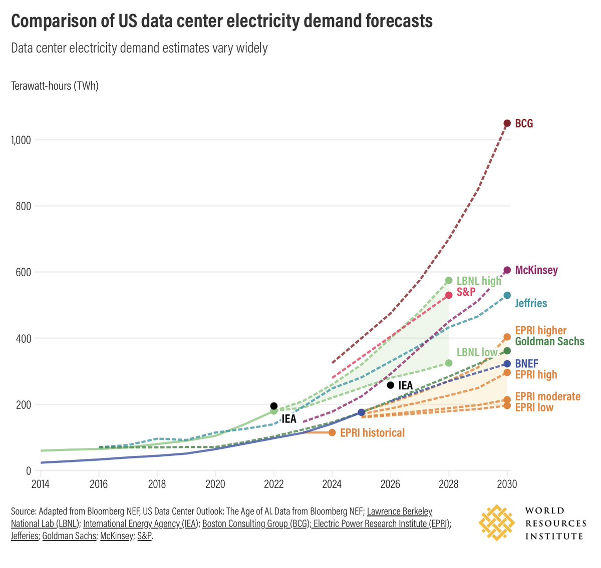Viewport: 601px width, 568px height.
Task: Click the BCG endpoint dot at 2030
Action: [x=507, y=123]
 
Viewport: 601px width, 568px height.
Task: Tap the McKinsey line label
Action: [x=536, y=270]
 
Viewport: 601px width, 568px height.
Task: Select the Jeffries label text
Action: [x=531, y=303]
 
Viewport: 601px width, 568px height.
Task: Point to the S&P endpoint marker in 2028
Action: [x=449, y=295]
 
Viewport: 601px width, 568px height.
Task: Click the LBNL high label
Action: [x=479, y=281]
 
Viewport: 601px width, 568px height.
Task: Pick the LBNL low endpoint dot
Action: [x=449, y=363]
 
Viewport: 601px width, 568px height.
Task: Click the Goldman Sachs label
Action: [x=549, y=341]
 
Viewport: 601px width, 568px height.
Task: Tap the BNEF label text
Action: [x=526, y=364]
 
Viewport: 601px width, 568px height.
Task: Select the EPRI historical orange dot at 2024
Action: [x=332, y=432]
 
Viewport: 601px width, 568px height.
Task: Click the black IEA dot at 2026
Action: [x=391, y=385]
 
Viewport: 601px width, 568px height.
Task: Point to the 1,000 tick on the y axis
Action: [x=21, y=140]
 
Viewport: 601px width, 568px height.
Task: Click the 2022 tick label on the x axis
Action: [x=273, y=484]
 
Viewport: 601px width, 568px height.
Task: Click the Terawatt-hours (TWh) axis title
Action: [x=55, y=86]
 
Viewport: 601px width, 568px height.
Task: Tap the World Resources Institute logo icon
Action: [x=496, y=523]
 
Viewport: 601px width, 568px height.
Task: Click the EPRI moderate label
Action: [x=547, y=396]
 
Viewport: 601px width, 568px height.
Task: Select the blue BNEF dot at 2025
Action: [x=362, y=412]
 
